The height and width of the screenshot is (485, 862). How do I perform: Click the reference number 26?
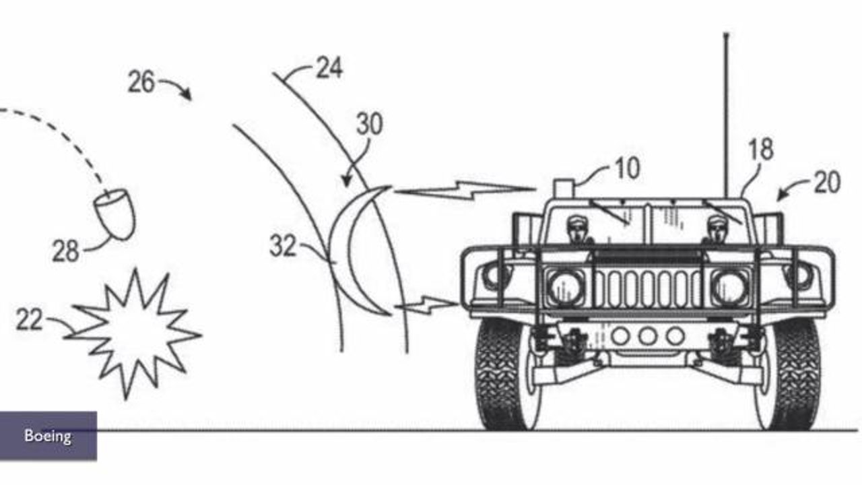pos(141,82)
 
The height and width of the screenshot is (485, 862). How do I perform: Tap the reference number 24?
pos(329,68)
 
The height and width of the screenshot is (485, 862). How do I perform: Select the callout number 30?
pos(370,123)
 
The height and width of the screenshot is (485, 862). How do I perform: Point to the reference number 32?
pos(283,246)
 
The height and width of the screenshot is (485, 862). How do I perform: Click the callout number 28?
pos(65,251)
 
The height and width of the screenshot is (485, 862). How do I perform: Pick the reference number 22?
pos(29,319)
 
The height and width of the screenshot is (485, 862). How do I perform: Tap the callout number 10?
pos(628,168)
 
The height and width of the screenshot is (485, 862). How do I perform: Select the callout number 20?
pos(827,182)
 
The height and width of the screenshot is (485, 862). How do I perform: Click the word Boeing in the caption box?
pos(48,436)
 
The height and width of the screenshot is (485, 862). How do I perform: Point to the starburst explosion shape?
pos(133,333)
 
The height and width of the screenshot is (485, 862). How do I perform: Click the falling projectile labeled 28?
pos(115,214)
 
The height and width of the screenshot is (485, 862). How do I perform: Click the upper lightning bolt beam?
pos(465,190)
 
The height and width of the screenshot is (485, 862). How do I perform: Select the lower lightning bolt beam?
pos(426,304)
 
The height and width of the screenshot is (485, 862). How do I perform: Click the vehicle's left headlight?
pos(565,288)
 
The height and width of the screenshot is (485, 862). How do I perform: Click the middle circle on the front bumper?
pos(648,336)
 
